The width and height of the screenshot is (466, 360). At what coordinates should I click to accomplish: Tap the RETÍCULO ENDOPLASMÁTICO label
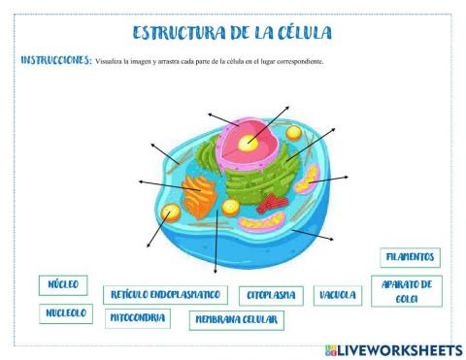165,294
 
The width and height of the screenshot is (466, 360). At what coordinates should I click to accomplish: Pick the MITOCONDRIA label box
137,317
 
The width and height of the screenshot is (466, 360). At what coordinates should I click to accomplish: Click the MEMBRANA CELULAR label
235,319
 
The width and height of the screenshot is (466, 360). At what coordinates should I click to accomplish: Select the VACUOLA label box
337,294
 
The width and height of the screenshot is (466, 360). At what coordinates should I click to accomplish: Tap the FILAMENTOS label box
410,258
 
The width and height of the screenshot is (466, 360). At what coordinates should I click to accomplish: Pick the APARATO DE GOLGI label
407,291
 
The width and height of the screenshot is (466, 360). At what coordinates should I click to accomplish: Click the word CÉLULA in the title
298,33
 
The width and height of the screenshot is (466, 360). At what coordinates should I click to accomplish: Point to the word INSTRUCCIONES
56,60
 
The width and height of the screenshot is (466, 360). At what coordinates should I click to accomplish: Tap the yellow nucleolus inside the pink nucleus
250,143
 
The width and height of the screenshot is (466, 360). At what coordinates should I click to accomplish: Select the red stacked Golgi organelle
273,202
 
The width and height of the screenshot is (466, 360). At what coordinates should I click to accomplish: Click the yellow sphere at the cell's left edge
171,212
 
